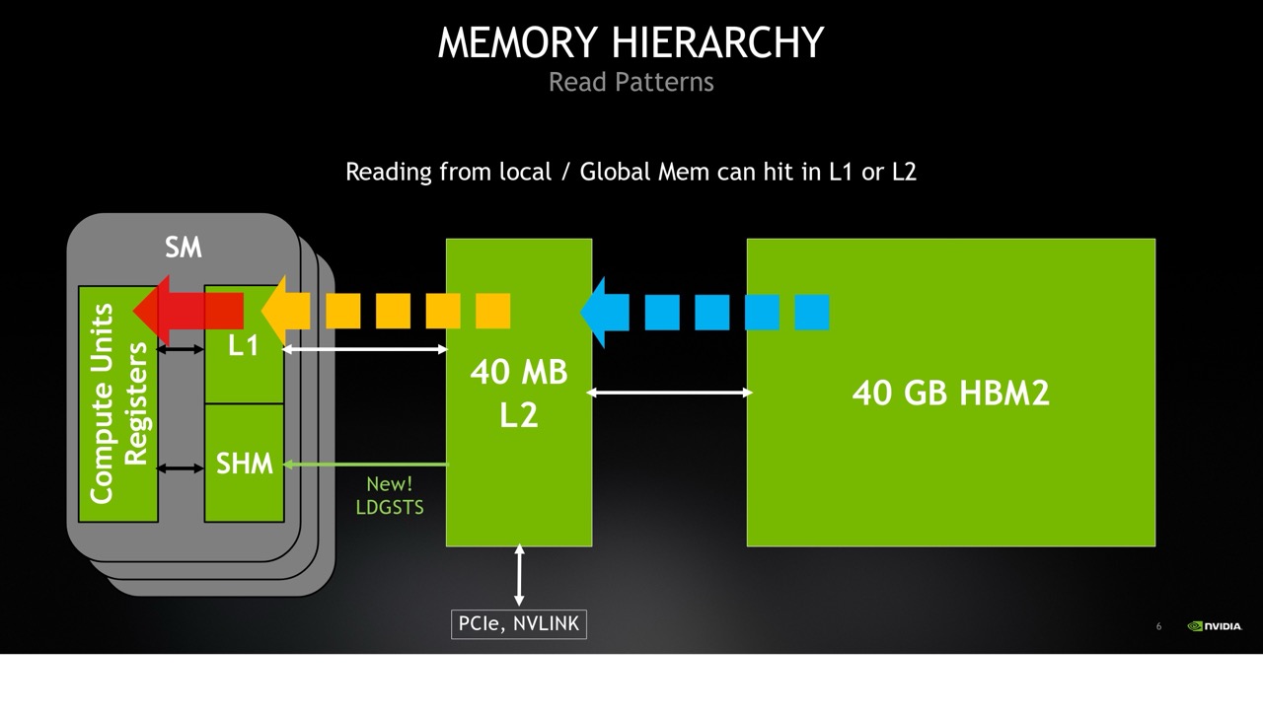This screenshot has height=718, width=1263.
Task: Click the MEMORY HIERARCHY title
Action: point(631,42)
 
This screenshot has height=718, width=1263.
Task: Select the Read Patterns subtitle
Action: point(631,82)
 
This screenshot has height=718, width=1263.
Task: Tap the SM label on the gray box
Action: point(184,248)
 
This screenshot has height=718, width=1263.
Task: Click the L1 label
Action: point(243,345)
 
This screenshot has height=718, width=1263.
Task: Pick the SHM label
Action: point(244,464)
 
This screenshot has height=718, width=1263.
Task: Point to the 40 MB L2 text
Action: point(519,394)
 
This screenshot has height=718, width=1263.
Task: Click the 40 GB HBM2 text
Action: point(950,393)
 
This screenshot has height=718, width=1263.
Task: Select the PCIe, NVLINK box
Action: point(519,624)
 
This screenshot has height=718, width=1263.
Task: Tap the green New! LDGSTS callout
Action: point(390,496)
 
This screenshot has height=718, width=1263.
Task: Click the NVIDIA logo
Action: point(1215,626)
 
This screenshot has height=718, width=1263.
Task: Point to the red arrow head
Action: point(151,311)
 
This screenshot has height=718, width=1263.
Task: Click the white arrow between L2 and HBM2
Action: point(670,393)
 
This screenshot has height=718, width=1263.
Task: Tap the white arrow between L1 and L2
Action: point(365,349)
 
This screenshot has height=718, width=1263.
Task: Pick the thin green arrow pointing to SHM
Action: point(365,465)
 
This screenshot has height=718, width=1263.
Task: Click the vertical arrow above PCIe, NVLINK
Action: point(519,575)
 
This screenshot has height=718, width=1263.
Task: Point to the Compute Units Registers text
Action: point(118,403)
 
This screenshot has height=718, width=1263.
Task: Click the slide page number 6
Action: point(1158,626)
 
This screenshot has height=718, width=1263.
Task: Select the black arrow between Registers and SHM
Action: point(180,467)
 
